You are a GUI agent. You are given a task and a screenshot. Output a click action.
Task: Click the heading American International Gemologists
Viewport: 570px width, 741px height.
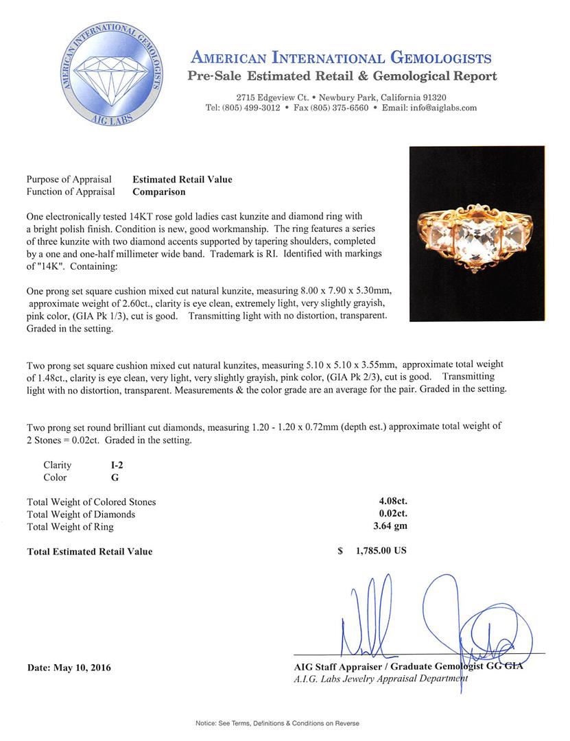pyautogui.click(x=340, y=58)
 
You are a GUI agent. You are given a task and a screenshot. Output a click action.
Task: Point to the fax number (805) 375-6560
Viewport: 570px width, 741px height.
pyautogui.click(x=339, y=108)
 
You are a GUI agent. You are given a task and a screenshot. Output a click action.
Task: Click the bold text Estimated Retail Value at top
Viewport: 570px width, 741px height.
pyautogui.click(x=182, y=180)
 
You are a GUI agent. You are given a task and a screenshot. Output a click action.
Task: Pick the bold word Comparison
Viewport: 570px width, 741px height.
pyautogui.click(x=158, y=192)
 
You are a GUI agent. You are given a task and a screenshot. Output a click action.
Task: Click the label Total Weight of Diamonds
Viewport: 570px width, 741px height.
pyautogui.click(x=81, y=515)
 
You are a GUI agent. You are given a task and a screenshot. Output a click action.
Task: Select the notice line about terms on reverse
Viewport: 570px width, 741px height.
pyautogui.click(x=277, y=723)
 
